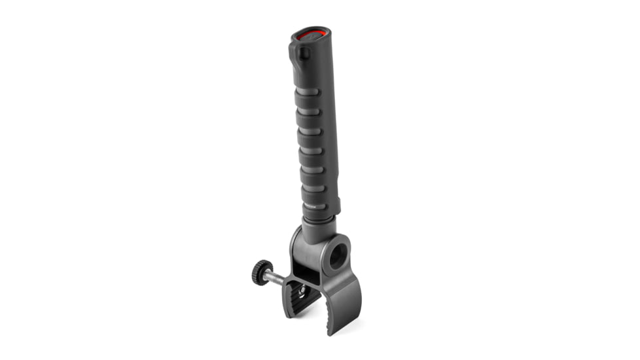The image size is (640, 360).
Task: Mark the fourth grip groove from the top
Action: pyautogui.click(x=312, y=151)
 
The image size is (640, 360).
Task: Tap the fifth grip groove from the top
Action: pyautogui.click(x=312, y=170)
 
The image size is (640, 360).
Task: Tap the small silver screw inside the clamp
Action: pyautogui.click(x=302, y=289)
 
